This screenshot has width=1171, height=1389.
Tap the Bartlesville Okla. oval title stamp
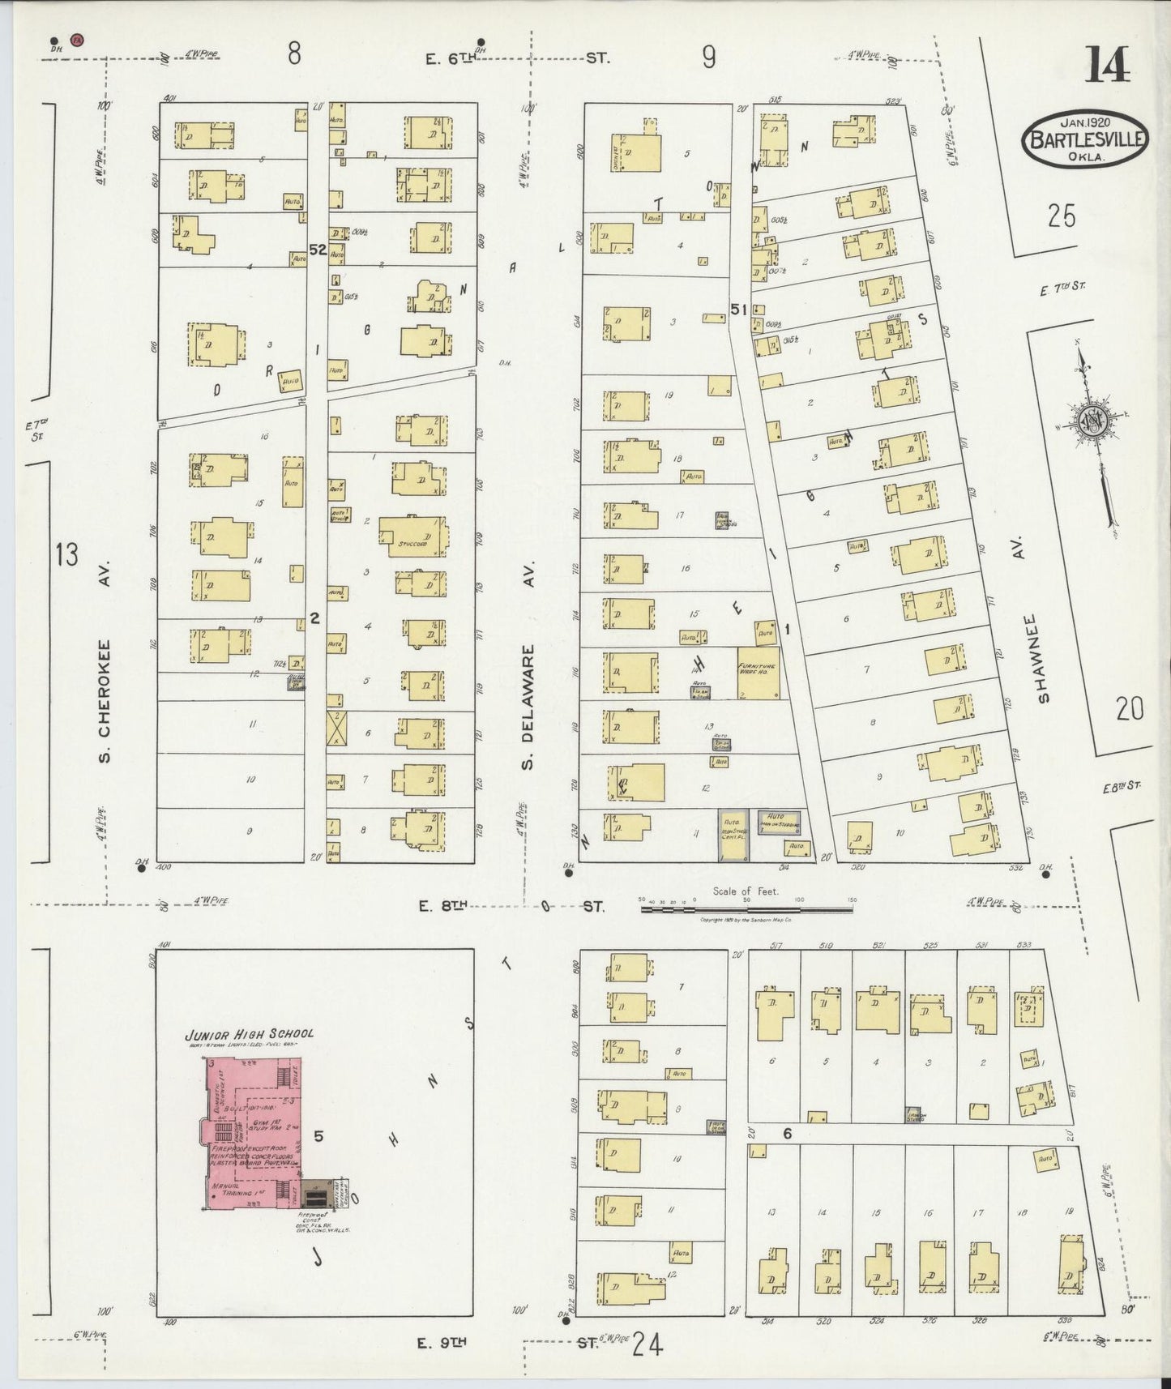(x=1085, y=139)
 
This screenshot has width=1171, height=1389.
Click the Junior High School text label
(x=249, y=1034)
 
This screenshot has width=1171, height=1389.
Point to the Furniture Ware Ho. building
(x=759, y=672)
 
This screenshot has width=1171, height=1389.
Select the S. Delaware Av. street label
(x=529, y=707)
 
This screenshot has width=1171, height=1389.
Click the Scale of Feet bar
(x=746, y=909)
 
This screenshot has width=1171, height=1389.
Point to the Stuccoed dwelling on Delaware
(x=414, y=535)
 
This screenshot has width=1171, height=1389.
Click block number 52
(x=317, y=250)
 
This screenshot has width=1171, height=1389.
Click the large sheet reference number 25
(x=1060, y=216)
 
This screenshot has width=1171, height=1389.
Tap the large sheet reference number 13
(x=67, y=556)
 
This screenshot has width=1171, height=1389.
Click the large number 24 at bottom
(x=648, y=1345)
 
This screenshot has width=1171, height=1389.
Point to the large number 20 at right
(x=1129, y=710)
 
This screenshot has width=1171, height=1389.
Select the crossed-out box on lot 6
(x=336, y=728)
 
